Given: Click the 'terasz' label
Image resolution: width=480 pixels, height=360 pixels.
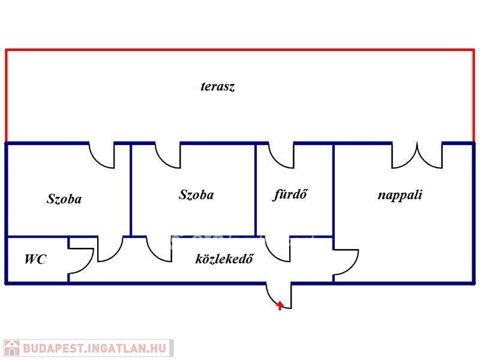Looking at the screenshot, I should point(217,86).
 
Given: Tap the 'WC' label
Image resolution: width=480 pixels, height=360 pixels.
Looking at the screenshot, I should point(35,260).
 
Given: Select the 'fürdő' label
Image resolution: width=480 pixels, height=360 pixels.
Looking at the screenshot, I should point(290,194).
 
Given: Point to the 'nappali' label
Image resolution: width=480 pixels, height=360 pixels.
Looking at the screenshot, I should point(400,194).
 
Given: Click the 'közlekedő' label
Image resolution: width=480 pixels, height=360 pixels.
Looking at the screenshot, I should point(224,259).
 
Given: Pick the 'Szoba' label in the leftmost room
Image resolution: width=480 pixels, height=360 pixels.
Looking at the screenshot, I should point(64,199).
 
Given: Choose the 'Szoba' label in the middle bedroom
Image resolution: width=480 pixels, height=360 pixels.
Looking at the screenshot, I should point(196,194).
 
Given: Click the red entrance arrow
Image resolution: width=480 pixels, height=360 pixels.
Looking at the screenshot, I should point(280,305).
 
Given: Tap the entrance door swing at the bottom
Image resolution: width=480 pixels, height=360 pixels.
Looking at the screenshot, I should point(278,295).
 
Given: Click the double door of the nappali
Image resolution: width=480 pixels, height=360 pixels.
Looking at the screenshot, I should point(417,155).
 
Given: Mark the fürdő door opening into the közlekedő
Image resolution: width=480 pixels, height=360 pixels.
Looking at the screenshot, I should point(279,249).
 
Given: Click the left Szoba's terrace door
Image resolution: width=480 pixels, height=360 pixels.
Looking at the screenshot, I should point(103,155).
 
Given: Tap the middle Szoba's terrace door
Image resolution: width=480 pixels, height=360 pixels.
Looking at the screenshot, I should point(169,155).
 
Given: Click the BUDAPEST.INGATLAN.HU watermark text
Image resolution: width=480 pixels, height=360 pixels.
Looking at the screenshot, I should point(96,348).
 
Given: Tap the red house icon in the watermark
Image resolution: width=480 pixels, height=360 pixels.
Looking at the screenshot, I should point(11,348).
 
